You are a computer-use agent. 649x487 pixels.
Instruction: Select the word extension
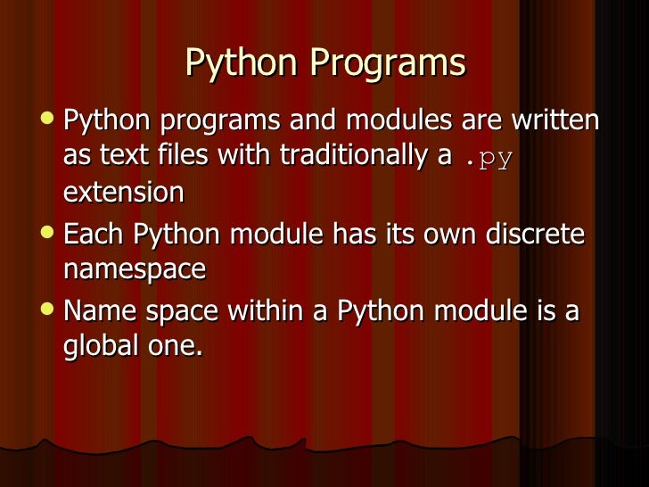point(124,192)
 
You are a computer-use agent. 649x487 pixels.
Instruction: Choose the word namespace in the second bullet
point(135,268)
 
